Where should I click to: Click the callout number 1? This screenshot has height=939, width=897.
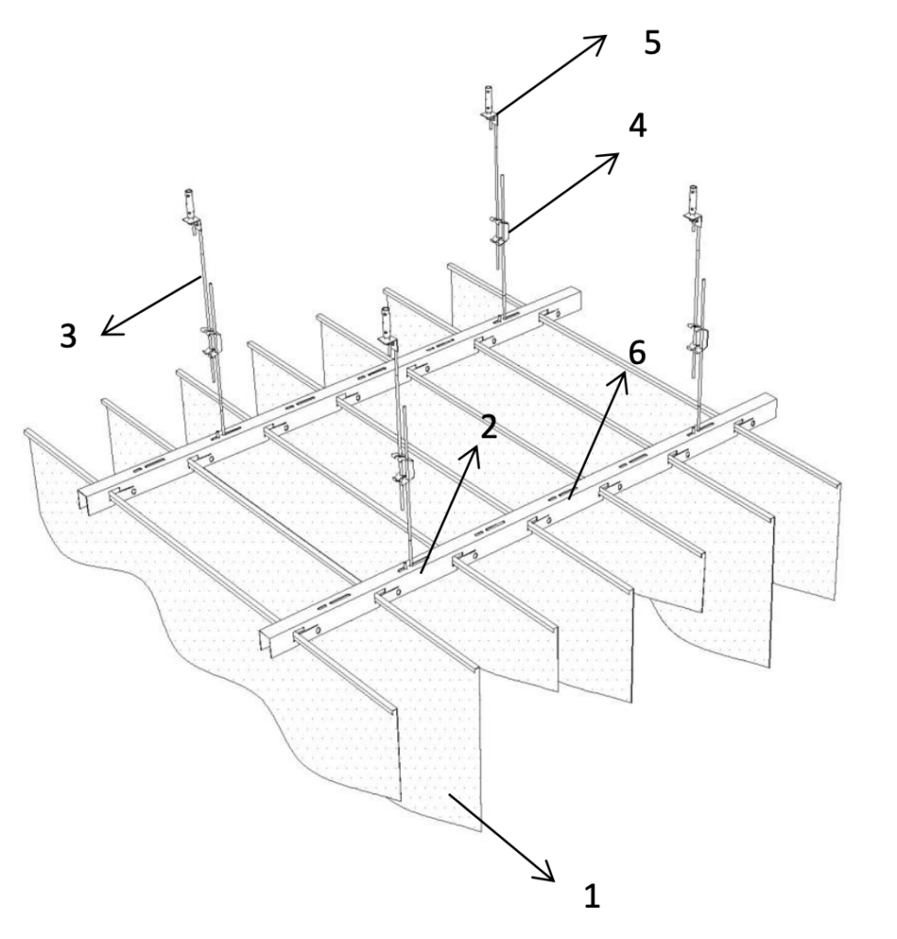click(592, 896)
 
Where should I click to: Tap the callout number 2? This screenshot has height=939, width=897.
click(489, 427)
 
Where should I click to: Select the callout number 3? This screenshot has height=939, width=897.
click(68, 336)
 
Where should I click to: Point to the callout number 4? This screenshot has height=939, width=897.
click(637, 126)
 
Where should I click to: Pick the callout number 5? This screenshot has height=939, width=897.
click(652, 42)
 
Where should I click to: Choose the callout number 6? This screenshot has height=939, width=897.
click(637, 352)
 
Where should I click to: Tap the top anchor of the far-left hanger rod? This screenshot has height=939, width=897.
click(192, 210)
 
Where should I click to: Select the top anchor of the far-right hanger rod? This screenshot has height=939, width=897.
click(693, 206)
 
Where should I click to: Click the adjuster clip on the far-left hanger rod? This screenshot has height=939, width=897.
click(212, 345)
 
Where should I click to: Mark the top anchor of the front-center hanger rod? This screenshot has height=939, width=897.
click(388, 329)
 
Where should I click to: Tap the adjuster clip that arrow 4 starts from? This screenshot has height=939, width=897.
click(500, 232)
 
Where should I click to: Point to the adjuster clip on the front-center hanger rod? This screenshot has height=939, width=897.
click(402, 469)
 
